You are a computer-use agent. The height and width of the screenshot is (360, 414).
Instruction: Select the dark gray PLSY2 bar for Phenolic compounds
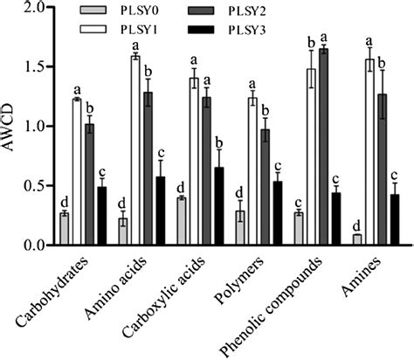(323, 148)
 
